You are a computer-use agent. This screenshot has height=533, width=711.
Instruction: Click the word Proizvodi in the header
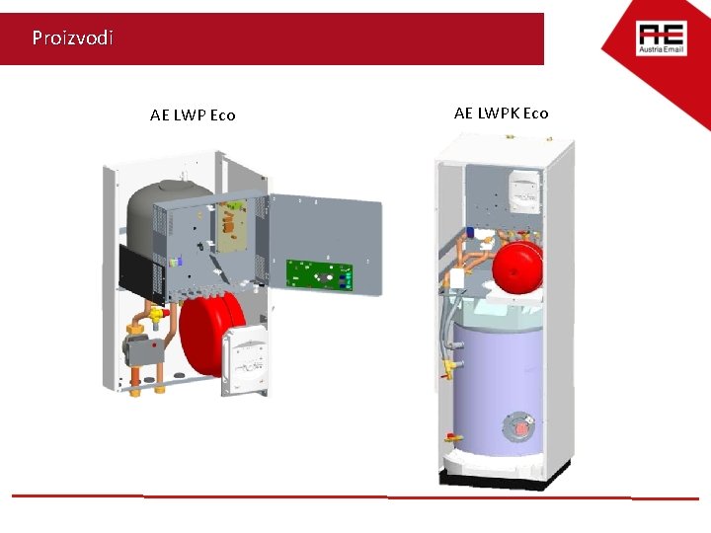point(72,38)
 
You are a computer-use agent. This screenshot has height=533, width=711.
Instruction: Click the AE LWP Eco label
point(193,115)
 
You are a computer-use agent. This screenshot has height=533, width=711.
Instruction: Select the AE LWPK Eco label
point(501,114)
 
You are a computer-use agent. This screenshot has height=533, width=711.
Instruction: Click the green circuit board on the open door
point(319,274)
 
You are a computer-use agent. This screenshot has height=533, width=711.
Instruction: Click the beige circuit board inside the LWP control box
point(235,221)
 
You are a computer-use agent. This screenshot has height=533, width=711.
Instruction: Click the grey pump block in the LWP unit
point(139,346)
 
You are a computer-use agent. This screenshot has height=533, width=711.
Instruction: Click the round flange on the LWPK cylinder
point(519,427)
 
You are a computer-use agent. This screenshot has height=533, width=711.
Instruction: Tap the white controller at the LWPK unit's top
point(522,189)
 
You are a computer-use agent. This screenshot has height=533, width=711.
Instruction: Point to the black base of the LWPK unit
point(504,480)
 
